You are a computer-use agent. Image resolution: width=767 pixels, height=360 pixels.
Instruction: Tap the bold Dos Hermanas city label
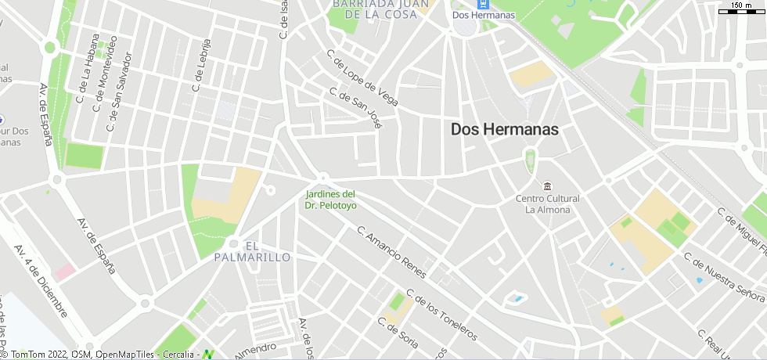[x=505, y=130]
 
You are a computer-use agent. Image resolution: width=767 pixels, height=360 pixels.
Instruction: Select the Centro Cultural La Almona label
[x=547, y=204]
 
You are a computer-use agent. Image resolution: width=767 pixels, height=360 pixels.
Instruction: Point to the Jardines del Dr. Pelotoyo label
[x=330, y=200]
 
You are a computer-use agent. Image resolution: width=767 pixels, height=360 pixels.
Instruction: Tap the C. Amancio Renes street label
[x=391, y=253]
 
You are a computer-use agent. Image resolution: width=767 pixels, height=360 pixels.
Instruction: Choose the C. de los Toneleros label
[x=442, y=318]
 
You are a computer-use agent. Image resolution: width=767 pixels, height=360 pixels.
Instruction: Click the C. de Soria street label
[x=398, y=333]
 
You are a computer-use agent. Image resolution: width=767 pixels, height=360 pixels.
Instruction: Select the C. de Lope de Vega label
[x=362, y=78]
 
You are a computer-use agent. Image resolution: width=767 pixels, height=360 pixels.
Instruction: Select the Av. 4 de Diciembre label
[x=41, y=280]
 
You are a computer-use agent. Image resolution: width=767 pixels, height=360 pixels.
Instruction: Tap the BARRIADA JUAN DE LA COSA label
[x=380, y=9]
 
